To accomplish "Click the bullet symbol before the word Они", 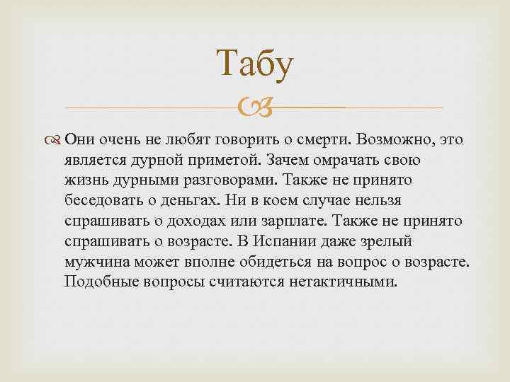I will pos(56,139).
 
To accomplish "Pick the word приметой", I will pos(219,160).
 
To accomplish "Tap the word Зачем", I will pos(280,160).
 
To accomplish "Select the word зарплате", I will pos(301,221).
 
